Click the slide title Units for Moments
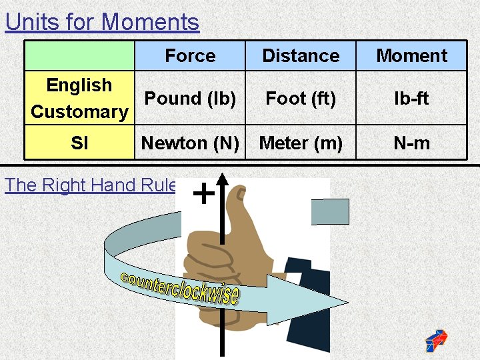(102, 22)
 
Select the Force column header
(190, 56)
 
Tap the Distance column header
(301, 56)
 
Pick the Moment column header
(411, 56)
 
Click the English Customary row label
(79, 98)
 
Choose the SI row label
(79, 143)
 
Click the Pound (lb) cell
(190, 98)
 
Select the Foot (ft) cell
(301, 98)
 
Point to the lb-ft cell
(411, 98)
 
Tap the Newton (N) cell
(190, 143)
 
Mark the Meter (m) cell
(301, 143)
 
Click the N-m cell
(411, 143)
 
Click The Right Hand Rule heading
(91, 185)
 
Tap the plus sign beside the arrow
(203, 194)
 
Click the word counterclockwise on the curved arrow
(180, 287)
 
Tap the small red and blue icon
(436, 340)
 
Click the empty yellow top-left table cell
(79, 56)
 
